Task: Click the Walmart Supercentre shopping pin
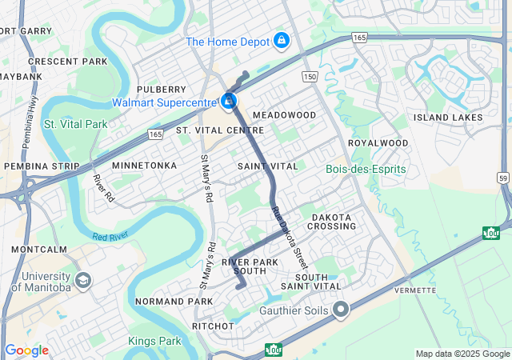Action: [230, 102]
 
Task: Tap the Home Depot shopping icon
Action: [281, 40]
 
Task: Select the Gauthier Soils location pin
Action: [342, 310]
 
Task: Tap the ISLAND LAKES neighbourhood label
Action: [448, 118]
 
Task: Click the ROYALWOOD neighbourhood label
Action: [378, 143]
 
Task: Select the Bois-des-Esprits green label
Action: [366, 170]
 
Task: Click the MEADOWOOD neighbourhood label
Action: [284, 115]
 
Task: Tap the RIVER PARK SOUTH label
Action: [254, 266]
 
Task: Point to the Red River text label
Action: [110, 237]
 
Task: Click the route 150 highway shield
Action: [310, 76]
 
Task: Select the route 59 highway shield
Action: [502, 177]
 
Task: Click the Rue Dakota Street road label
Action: [290, 236]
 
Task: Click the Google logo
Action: [26, 350]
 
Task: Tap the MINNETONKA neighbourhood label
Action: [144, 166]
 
